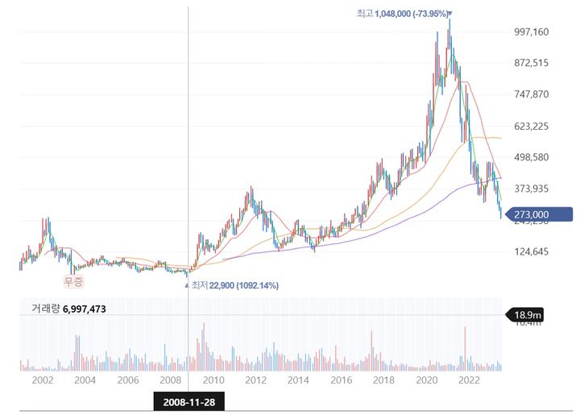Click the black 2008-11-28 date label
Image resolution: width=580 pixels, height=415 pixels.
click(x=188, y=400)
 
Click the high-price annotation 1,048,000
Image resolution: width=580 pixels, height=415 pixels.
click(x=403, y=14)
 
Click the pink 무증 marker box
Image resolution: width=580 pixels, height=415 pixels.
click(x=73, y=281)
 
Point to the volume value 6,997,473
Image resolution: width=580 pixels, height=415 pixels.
click(x=84, y=309)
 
